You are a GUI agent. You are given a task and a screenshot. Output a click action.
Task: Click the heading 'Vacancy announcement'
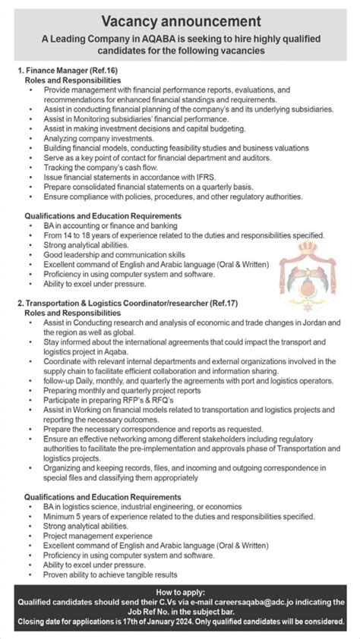tap(180, 20)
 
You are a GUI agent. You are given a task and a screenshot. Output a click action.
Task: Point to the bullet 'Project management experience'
tap(94, 535)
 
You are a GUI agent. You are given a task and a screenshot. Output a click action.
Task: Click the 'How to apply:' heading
tap(179, 591)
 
